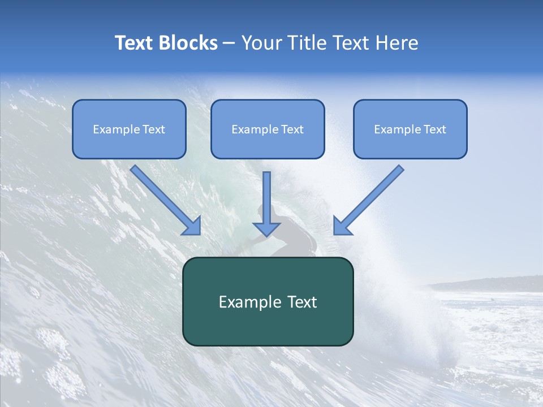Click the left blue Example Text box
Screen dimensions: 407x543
pyautogui.click(x=129, y=129)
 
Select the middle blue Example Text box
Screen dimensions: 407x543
pyautogui.click(x=268, y=129)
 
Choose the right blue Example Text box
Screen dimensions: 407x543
pyautogui.click(x=410, y=129)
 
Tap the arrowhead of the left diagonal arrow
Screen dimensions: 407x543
pyautogui.click(x=192, y=226)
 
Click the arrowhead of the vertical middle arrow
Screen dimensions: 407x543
pyautogui.click(x=266, y=229)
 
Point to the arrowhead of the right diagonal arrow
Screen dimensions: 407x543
pyautogui.click(x=342, y=226)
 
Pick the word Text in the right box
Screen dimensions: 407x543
pyautogui.click(x=435, y=129)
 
